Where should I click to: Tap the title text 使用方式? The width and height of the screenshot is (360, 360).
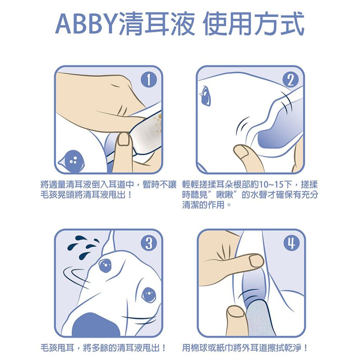pos(254,26)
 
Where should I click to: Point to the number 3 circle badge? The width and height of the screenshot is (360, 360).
pos(148,244)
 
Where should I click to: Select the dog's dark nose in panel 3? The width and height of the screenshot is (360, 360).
pos(95,326)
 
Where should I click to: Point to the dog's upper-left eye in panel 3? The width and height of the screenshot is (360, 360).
pos(105,266)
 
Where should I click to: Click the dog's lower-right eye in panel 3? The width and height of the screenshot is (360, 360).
pos(148,294)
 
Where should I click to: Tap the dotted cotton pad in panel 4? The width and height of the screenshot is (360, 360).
pos(260,319)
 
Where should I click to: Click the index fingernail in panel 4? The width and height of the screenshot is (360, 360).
pos(256,260)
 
